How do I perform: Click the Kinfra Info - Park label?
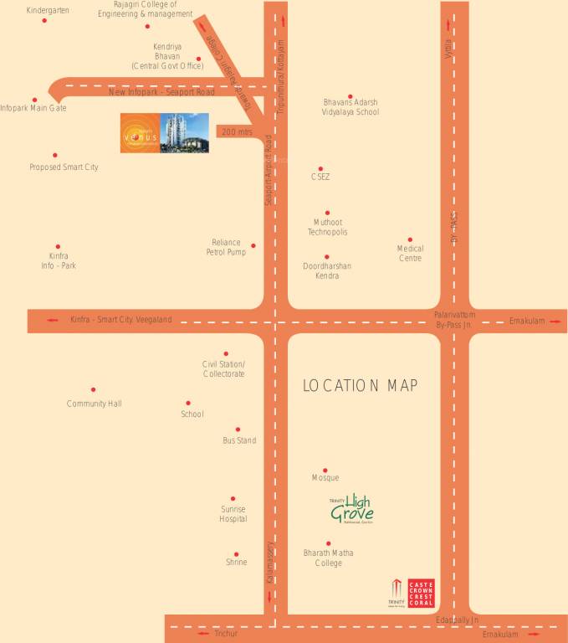[x=59, y=260]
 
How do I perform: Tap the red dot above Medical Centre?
[x=410, y=239]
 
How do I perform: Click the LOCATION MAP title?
[x=360, y=385]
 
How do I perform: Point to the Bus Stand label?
[x=239, y=440]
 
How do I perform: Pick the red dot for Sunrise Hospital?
[x=233, y=498]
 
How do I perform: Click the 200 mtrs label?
[x=237, y=131]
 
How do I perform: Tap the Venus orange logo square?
[x=139, y=133]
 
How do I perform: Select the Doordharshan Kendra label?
[x=327, y=270]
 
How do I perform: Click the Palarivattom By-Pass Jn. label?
[x=454, y=318]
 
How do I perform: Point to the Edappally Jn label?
[x=457, y=619]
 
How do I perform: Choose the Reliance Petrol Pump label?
[x=226, y=247]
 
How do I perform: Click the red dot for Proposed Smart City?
[x=55, y=155]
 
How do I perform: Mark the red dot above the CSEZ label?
[x=320, y=167]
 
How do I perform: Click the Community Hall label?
[x=94, y=404]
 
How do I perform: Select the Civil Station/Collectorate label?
[x=223, y=369]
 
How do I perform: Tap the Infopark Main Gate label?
[x=33, y=108]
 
